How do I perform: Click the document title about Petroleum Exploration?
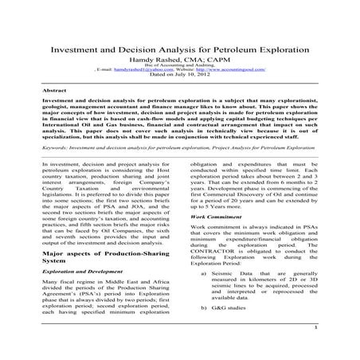pyautogui.click(x=179, y=49)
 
